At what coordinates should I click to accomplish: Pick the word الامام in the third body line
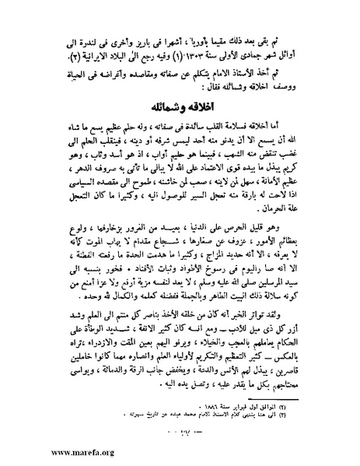click(244, 71)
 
